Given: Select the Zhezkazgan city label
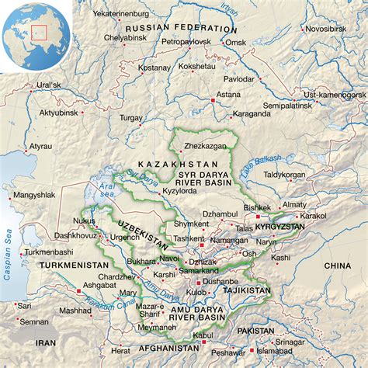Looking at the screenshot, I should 206,145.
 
